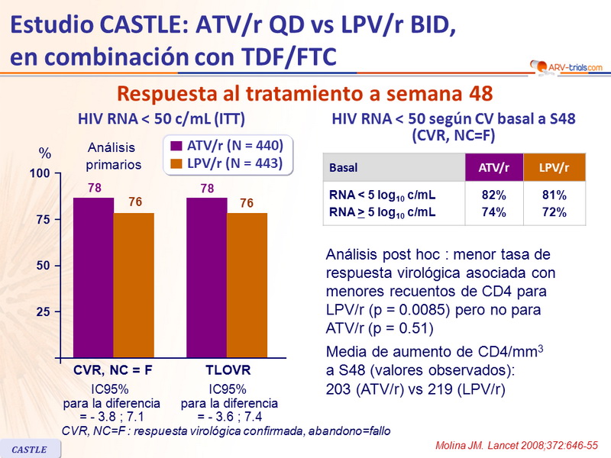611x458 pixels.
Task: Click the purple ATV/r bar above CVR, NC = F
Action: (x=93, y=278)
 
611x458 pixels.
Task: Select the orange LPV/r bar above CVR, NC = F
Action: (x=134, y=285)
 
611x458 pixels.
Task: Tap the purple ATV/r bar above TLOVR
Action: (x=206, y=278)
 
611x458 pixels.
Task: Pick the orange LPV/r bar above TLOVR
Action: (x=247, y=285)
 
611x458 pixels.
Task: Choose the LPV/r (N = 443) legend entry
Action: (x=227, y=163)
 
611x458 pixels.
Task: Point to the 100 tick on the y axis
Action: (x=40, y=174)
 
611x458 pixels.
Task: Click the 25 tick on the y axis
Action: (x=43, y=311)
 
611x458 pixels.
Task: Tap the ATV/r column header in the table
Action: (x=494, y=167)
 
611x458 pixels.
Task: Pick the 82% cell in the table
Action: (x=494, y=195)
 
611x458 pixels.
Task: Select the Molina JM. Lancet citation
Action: (x=520, y=444)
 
